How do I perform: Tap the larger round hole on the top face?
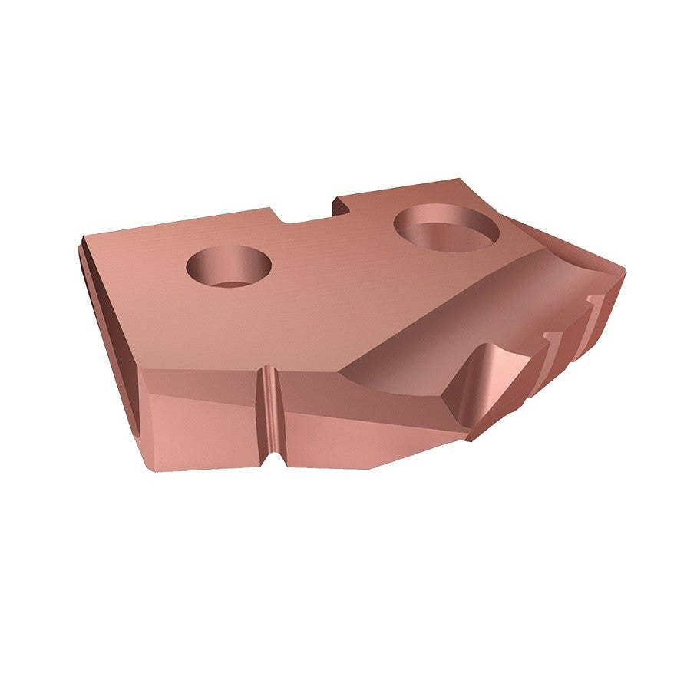(x=446, y=227)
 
